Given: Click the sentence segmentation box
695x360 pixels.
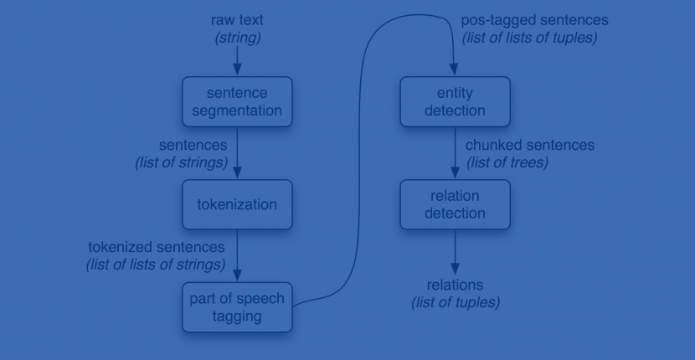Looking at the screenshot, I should tap(237, 101).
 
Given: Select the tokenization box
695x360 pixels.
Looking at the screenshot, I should tap(237, 204).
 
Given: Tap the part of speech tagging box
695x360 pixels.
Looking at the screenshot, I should tap(237, 307).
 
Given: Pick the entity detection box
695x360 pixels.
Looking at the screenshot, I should tap(455, 101).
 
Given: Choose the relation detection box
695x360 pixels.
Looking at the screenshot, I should tap(455, 204).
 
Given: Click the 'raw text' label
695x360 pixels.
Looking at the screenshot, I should tap(237, 19).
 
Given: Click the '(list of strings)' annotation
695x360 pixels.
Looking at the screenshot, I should tap(182, 162).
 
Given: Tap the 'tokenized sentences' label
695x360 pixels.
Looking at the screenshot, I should tap(157, 248).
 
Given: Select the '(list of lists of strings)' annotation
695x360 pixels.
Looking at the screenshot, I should tap(157, 265).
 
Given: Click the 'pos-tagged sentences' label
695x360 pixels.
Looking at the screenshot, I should tap(535, 19).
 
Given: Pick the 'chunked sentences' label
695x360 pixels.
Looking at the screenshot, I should tap(529, 146).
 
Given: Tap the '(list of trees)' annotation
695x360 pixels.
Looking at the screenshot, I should tap(507, 162).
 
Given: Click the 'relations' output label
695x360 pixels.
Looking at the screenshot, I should tap(455, 285).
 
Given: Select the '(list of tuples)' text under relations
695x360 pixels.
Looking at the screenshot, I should tap(455, 302).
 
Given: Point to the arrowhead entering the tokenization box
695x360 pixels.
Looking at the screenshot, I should tap(237, 173).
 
